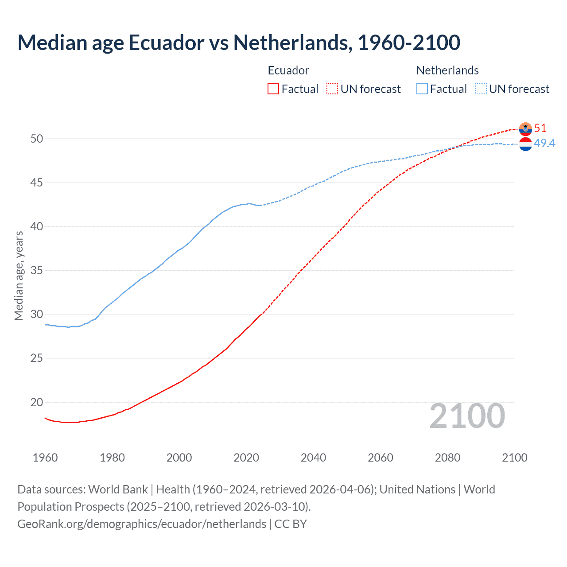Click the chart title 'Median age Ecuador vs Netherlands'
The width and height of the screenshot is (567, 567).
239,43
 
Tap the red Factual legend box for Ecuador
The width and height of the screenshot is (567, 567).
273,89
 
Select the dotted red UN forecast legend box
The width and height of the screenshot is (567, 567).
332,89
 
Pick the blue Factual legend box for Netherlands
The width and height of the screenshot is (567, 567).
422,89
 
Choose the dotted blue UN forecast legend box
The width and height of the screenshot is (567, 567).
481,89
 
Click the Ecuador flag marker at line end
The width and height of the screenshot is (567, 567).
525,129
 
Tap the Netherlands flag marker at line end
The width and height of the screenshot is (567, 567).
525,144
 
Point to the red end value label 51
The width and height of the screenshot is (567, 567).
540,128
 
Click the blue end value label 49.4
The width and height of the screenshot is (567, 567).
544,143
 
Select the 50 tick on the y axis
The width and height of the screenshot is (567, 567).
37,139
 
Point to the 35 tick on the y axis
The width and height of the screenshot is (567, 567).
37,270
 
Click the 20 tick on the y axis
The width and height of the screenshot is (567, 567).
37,402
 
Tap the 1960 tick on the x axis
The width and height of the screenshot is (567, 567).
45,458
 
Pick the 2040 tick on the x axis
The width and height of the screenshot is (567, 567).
313,458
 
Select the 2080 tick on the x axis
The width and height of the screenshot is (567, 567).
447,458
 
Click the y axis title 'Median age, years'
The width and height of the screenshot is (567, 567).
19,276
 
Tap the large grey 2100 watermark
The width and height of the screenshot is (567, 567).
467,416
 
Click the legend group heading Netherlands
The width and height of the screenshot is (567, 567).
447,70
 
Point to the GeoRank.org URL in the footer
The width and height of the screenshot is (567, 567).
142,524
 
